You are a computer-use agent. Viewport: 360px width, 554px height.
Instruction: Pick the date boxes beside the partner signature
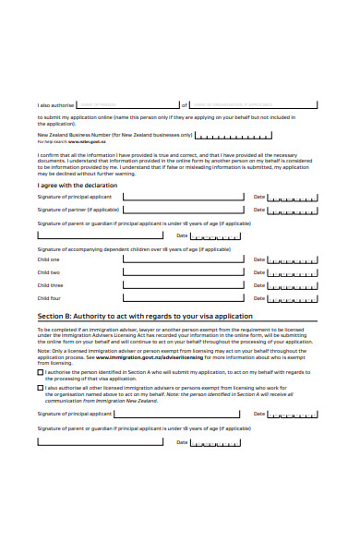pos(294,210)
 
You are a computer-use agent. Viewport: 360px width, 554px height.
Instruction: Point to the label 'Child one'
pos(49,259)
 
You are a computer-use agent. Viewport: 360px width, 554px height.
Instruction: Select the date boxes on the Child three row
pos(294,285)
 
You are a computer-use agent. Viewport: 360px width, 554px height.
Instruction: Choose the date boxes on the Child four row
pos(294,298)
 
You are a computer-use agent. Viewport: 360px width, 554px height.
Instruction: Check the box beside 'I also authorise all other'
pos(40,388)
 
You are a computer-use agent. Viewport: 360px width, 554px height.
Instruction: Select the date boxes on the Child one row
pos(294,259)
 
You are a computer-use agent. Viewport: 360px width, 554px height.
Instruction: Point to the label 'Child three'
pos(50,285)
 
